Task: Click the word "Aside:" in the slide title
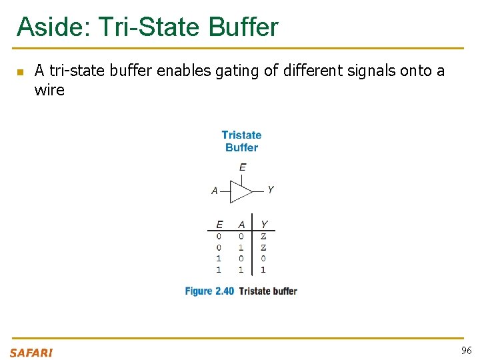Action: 53,27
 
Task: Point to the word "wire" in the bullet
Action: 49,90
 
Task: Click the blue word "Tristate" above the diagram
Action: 241,135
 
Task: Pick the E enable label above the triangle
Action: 242,167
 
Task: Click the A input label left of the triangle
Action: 215,191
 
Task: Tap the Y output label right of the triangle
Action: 270,190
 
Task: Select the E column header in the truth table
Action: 219,225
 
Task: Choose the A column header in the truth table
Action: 241,225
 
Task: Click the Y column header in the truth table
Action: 263,225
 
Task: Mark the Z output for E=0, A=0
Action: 263,236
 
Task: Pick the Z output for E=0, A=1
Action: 263,247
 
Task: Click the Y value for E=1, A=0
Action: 263,259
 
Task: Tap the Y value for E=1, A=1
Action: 263,270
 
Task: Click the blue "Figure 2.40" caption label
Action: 209,291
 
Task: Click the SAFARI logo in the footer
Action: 31,352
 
